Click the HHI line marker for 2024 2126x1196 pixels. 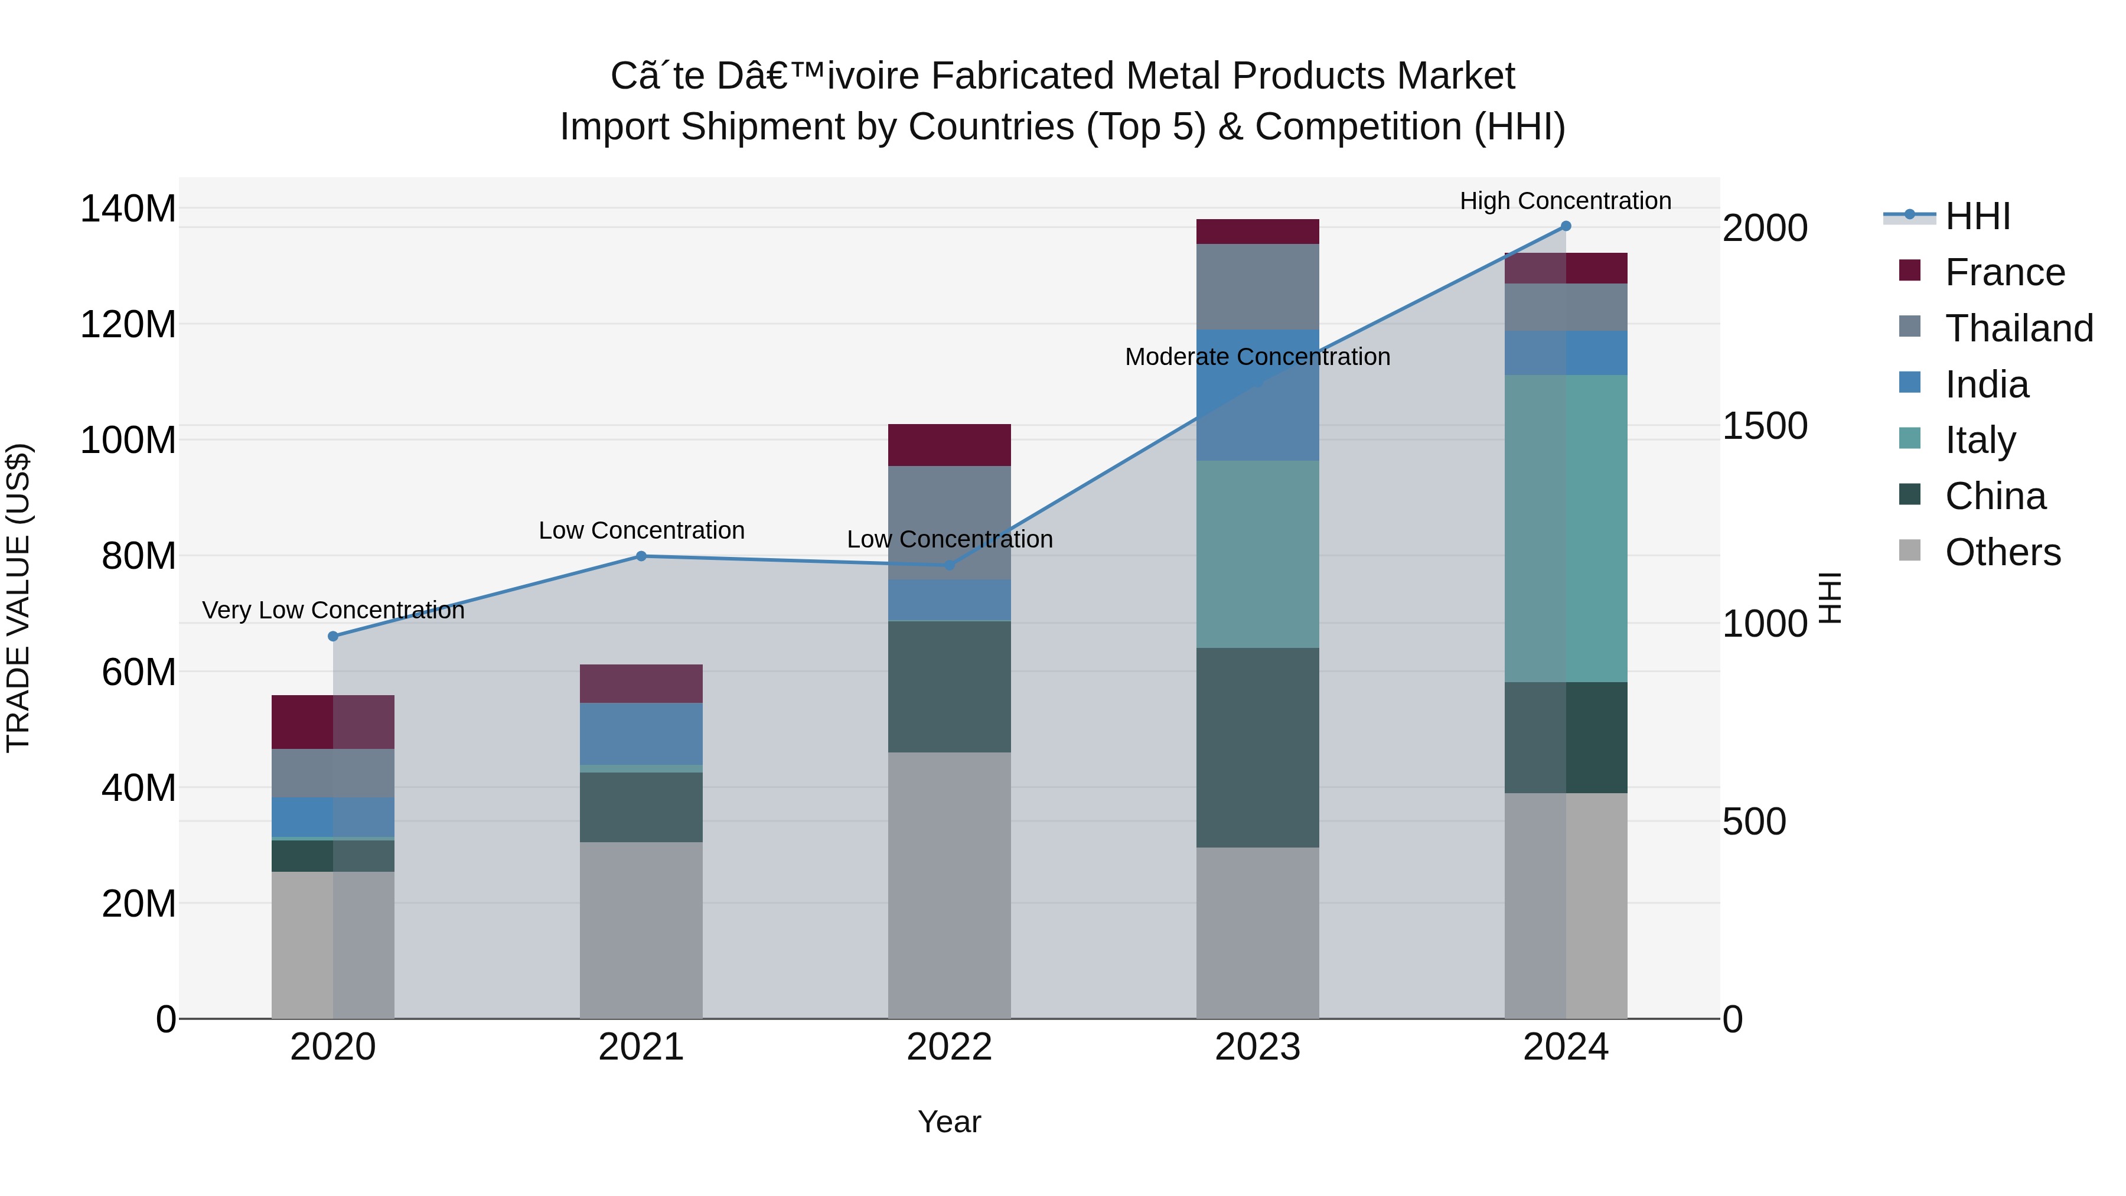coord(1566,226)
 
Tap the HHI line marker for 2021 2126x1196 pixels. coord(641,556)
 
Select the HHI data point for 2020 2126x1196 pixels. coord(334,636)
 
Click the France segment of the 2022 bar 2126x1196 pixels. coord(949,445)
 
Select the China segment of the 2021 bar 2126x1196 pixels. coord(641,807)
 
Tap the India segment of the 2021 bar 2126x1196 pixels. coord(641,734)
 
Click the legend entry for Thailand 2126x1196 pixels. coord(2019,328)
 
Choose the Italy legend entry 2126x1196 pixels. coord(1980,440)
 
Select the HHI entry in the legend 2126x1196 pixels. coord(1977,216)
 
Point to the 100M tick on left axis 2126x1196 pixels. coord(128,440)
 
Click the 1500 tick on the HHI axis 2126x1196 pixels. coord(1765,426)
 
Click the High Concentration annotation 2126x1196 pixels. coord(1565,201)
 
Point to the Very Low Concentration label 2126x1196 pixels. coord(334,610)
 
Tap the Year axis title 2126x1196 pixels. coord(949,1122)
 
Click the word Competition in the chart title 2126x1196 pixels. coord(1358,127)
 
